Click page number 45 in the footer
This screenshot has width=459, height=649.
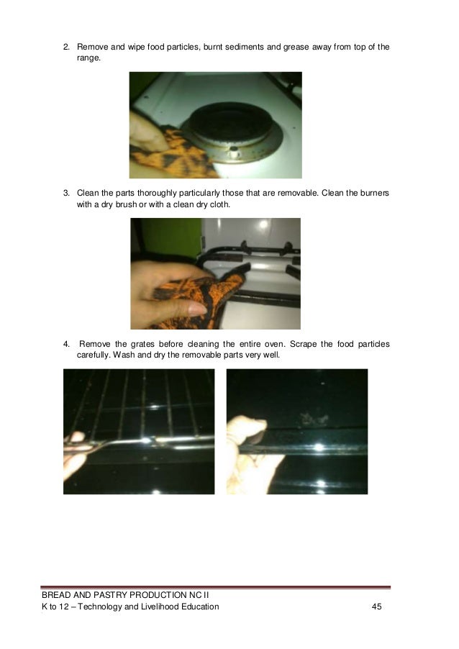[x=376, y=608]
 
